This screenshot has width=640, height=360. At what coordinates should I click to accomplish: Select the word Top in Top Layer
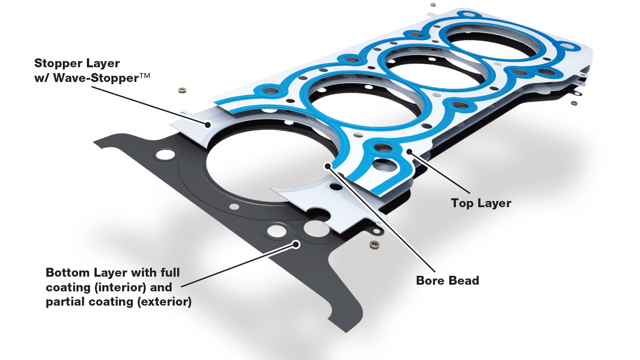pos(462,203)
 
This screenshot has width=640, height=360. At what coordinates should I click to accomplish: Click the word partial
pos(64,302)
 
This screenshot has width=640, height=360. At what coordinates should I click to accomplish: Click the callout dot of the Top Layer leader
pos(409,151)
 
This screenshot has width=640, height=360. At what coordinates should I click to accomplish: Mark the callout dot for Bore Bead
pos(328,166)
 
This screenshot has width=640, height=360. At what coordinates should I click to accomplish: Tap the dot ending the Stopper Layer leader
pos(207,125)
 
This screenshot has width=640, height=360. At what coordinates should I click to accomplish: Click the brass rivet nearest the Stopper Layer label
pos(182,91)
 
